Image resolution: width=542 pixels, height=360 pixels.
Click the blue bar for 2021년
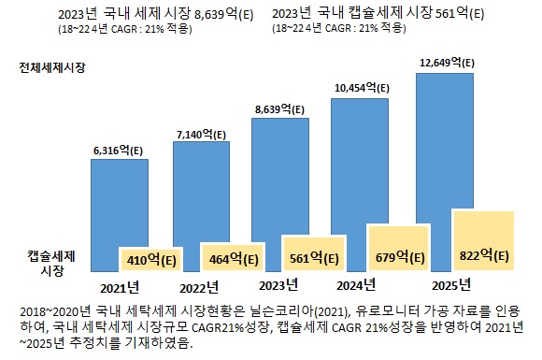click(119, 201)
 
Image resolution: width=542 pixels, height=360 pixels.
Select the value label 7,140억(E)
click(202, 135)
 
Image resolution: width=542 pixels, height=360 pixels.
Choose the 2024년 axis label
click(355, 284)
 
